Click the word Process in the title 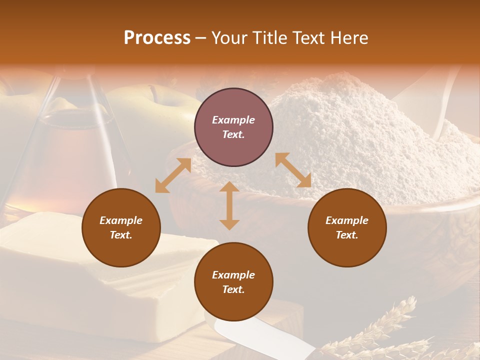click(x=157, y=38)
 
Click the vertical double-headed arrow click(x=229, y=205)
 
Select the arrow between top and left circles click(x=173, y=175)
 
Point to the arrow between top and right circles click(x=293, y=170)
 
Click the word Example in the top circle click(x=233, y=120)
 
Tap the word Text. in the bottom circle click(x=233, y=289)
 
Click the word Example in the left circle click(x=121, y=220)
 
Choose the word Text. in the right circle click(x=347, y=235)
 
